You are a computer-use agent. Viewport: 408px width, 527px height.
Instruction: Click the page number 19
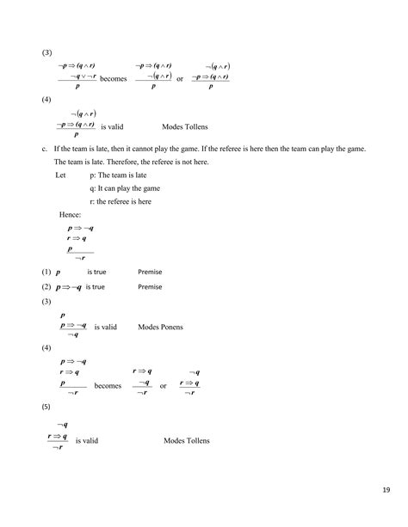pos(386,491)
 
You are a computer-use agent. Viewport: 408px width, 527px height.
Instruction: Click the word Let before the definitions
pos(60,174)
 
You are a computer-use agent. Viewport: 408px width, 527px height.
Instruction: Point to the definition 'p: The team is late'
pos(119,174)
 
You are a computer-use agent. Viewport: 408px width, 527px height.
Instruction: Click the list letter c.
pos(43,149)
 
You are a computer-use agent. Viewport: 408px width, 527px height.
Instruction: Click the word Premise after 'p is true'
pos(150,272)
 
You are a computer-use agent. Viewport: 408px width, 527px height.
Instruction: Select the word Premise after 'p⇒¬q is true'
pos(150,287)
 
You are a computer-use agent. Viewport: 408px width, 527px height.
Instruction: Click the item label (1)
pos(46,272)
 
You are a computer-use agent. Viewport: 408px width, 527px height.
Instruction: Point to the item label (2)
pos(46,287)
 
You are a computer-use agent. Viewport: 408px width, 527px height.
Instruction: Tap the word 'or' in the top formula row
pos(180,79)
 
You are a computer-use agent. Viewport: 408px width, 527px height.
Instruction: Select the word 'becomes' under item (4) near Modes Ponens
pos(108,386)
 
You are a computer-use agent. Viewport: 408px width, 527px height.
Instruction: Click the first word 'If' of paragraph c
pos(56,149)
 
